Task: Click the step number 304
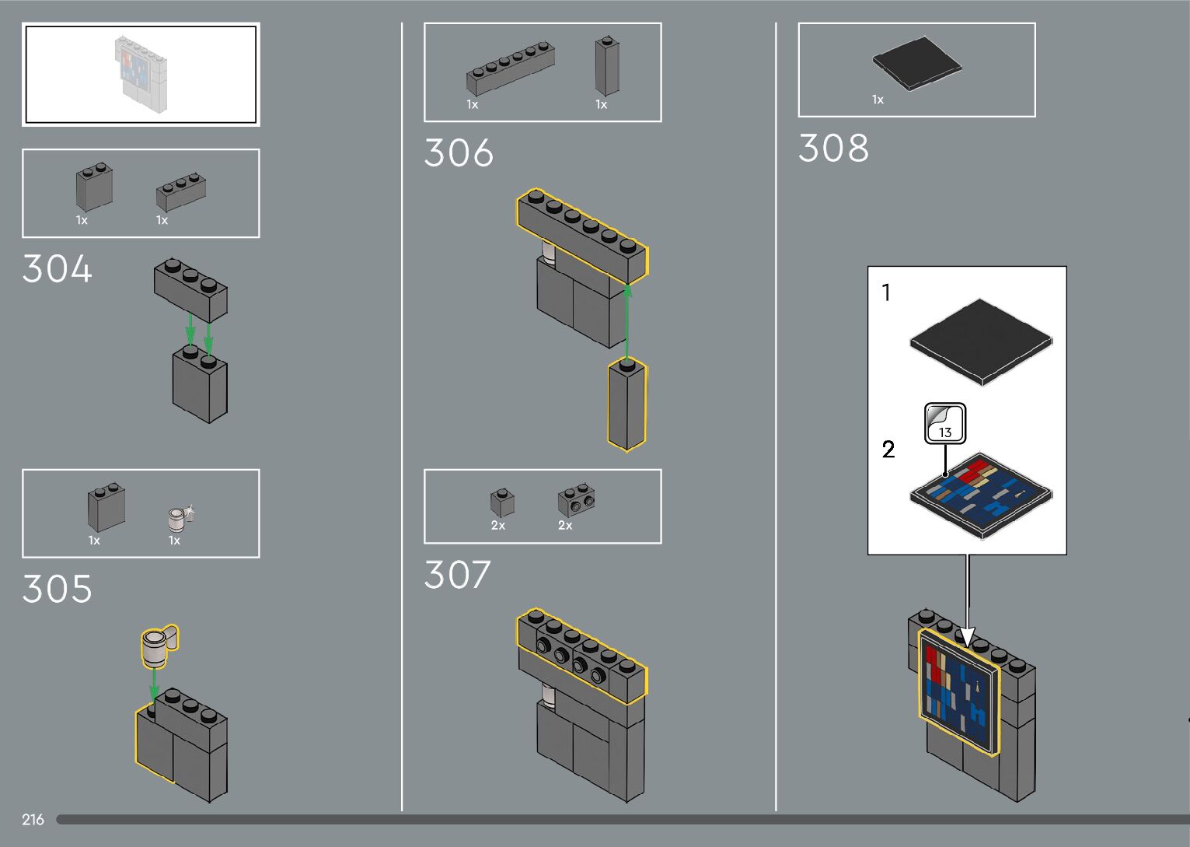pos(57,270)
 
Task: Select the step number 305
pos(57,590)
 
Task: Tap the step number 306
pos(459,153)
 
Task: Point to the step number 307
pos(457,576)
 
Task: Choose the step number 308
pos(833,149)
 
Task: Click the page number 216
pos(33,820)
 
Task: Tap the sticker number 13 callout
pos(945,424)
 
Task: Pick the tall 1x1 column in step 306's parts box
pos(607,66)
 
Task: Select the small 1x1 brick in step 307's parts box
pos(501,503)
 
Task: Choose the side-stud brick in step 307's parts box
pos(576,502)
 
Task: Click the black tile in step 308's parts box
pos(917,63)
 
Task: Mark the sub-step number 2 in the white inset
pos(888,450)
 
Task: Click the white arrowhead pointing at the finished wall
pos(966,636)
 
